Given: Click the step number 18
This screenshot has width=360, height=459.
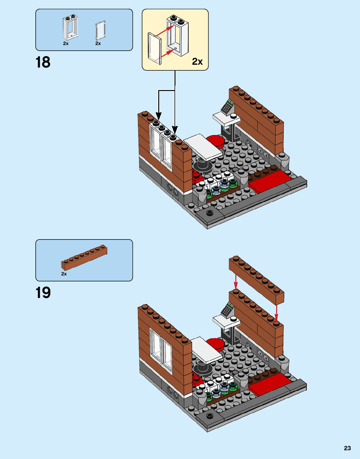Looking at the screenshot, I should (43, 62).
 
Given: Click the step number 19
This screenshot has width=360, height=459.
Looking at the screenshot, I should (43, 293).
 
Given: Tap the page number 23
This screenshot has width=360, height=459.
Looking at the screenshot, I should (347, 448).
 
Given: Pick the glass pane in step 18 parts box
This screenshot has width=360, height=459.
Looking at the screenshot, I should (100, 31).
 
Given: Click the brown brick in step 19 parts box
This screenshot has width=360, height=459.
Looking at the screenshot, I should (84, 258).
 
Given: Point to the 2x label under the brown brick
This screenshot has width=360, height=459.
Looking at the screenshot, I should (64, 274).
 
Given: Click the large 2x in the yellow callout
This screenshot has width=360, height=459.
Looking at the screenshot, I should (197, 62).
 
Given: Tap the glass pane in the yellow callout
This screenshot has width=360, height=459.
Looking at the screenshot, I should (155, 48).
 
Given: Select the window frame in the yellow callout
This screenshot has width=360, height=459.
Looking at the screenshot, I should (178, 35).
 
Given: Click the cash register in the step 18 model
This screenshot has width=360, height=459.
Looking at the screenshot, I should (227, 107).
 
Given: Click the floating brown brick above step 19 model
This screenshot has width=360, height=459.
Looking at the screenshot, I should (256, 280).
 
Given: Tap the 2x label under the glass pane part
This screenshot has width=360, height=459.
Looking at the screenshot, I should (98, 43).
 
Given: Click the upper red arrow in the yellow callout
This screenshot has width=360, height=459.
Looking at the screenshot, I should (165, 30).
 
